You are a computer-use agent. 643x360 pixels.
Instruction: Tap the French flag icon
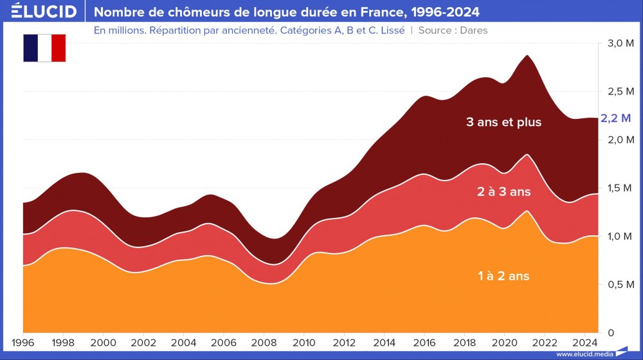(x=44, y=48)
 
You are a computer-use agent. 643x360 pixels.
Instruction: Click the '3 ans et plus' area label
(x=504, y=122)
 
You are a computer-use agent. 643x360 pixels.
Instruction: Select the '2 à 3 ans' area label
(x=503, y=192)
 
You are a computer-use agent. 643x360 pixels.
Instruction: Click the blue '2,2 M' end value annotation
(x=616, y=118)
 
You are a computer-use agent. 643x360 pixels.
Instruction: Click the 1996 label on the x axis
(x=23, y=341)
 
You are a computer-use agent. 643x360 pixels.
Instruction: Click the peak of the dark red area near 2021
(x=527, y=55)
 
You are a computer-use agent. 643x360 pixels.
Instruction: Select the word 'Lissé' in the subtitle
(x=390, y=30)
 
